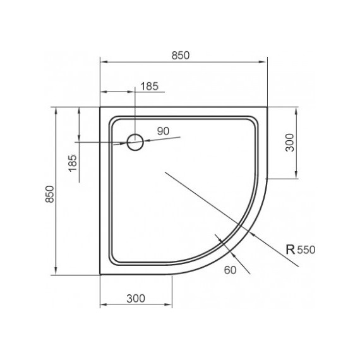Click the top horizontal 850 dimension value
click(181, 56)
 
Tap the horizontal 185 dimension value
click(149, 87)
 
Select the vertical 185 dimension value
click(73, 163)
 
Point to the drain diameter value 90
click(163, 131)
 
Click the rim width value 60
click(230, 270)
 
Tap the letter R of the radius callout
click(291, 249)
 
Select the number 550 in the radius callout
click(306, 250)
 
